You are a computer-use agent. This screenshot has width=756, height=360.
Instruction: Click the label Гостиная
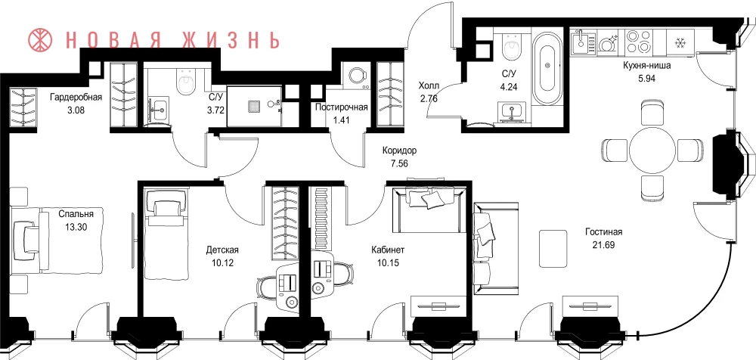(x=604, y=232)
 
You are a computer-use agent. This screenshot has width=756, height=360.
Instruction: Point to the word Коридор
(x=400, y=150)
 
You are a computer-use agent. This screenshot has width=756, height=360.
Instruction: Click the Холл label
(x=429, y=86)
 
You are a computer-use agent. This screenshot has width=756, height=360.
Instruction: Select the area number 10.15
(x=387, y=263)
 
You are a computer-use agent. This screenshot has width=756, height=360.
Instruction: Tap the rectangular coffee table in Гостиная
(x=553, y=247)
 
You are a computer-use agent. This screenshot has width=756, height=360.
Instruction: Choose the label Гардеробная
(x=76, y=97)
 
